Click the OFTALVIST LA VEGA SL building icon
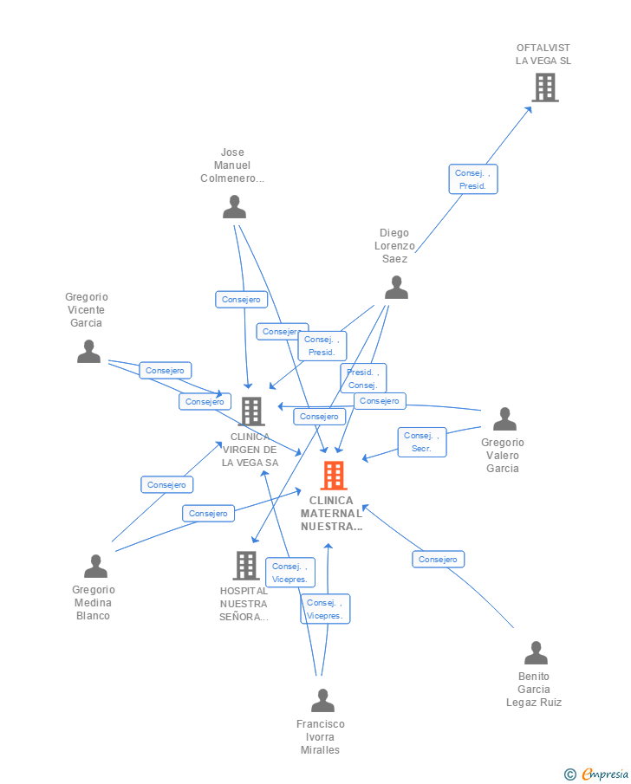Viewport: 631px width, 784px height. point(544,87)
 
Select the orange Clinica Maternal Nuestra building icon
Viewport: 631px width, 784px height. point(334,476)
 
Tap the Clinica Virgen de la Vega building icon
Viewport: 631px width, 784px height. point(251,411)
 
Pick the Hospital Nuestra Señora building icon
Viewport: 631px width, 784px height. point(246,566)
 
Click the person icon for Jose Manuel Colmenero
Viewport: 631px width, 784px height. point(234,207)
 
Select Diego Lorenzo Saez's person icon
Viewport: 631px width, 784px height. point(396,288)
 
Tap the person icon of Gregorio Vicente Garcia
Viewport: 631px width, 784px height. point(88,352)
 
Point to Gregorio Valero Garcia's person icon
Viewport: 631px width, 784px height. point(504,419)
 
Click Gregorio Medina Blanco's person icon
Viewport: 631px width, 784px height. point(95,567)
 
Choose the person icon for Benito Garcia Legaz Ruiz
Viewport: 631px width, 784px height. point(536,653)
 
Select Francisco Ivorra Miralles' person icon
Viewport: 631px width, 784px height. point(322,700)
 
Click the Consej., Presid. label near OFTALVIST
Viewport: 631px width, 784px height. point(472,179)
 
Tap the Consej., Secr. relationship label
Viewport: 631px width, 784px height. point(422,442)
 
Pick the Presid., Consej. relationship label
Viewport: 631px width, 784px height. point(362,379)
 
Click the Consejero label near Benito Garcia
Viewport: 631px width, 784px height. point(438,560)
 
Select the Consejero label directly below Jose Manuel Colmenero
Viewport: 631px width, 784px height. point(241,300)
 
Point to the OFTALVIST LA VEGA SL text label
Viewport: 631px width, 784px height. point(543,55)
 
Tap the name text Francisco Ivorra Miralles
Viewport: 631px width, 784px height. point(321,736)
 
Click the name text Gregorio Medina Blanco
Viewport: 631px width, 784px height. point(93,603)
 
